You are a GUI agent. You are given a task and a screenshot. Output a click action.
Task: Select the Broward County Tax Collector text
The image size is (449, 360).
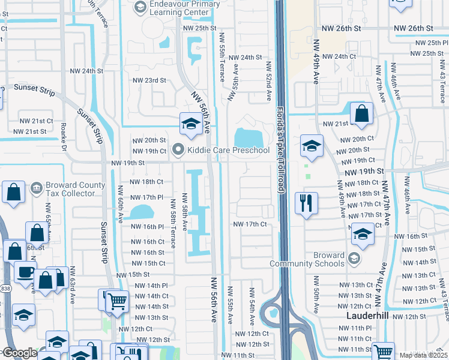point(70,189)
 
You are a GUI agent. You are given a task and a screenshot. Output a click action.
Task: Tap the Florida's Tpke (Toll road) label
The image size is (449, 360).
point(280,150)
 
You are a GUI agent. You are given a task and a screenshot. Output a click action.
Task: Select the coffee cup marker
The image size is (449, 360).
point(25,272)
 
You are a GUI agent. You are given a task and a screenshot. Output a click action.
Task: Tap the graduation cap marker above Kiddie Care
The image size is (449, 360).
point(190,124)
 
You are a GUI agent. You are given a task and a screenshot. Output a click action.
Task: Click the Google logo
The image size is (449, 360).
point(19,353)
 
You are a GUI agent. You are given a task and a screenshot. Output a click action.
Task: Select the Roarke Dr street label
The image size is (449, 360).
point(63,136)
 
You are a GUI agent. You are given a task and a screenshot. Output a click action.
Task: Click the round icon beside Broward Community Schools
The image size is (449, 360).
point(354,259)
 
